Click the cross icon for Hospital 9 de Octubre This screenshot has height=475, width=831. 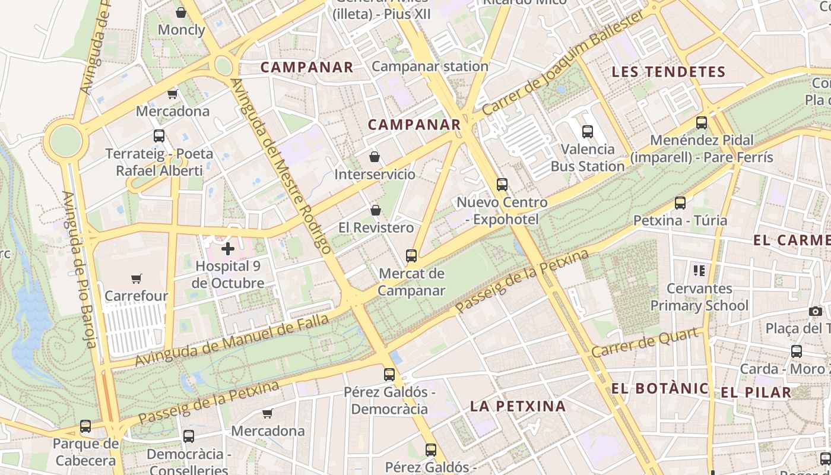228,249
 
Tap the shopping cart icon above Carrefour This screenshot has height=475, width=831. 137,278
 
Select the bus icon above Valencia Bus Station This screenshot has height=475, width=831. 588,132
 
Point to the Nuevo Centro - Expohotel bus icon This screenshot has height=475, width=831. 502,185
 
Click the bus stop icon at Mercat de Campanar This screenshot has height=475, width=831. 411,256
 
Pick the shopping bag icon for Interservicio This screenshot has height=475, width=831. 375,157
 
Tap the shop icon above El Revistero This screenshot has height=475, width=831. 376,210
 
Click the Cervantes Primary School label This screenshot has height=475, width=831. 699,297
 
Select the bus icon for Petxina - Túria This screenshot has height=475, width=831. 680,203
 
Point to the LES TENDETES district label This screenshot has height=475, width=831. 668,72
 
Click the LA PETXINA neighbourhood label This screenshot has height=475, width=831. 518,406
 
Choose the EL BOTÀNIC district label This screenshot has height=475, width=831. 660,389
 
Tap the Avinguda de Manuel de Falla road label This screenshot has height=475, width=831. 231,341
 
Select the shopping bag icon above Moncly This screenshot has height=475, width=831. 181,12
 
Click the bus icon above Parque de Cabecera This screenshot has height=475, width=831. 85,426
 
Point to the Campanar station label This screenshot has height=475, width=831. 430,66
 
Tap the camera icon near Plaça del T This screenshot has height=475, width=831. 815,311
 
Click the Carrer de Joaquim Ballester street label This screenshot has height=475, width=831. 562,64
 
